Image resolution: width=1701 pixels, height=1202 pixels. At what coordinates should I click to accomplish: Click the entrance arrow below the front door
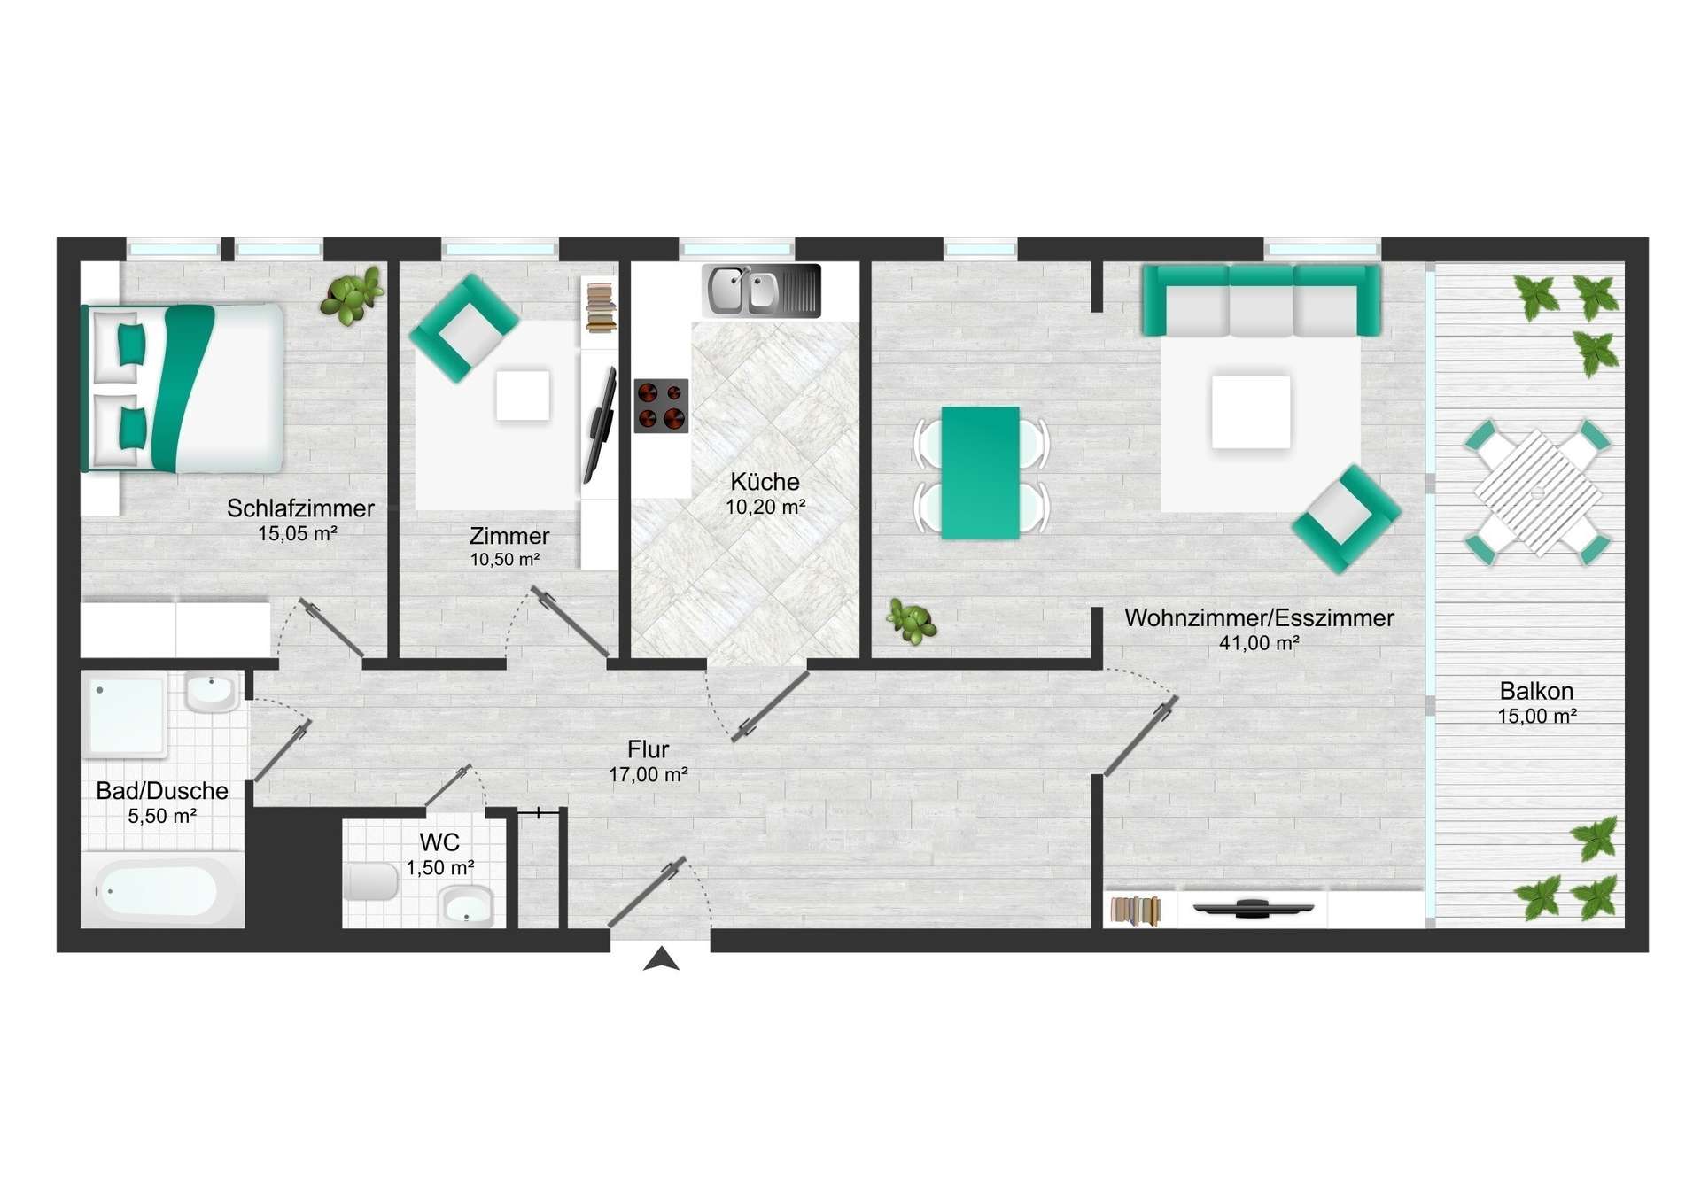tap(661, 960)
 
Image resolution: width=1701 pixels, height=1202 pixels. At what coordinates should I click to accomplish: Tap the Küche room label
tap(765, 482)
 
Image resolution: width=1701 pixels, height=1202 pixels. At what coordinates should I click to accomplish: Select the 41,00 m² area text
tap(1259, 643)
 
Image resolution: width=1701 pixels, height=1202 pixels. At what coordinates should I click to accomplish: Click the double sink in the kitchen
tap(761, 291)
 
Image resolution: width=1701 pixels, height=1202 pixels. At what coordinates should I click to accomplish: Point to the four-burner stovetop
tap(661, 406)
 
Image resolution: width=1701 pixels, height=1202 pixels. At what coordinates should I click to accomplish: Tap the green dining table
tap(980, 473)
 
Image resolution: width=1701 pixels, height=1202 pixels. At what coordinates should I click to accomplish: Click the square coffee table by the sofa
tap(1251, 412)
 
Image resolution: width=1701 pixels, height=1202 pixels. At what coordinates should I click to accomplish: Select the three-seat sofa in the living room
tap(1261, 300)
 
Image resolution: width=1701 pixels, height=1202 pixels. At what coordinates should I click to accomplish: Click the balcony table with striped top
tap(1537, 492)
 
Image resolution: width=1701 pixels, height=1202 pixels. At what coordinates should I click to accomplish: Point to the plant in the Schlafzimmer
tap(353, 295)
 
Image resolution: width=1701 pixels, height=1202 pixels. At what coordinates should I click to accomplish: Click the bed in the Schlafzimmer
tap(183, 388)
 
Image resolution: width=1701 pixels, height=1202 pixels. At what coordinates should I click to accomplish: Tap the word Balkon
tap(1536, 691)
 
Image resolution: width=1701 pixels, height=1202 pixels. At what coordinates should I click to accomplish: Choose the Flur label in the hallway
tap(648, 749)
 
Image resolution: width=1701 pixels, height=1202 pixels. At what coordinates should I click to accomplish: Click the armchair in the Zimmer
tap(463, 328)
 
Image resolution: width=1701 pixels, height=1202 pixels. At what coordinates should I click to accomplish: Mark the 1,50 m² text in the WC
tap(439, 868)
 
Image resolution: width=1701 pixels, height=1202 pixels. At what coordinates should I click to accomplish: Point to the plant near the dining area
tap(911, 621)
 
